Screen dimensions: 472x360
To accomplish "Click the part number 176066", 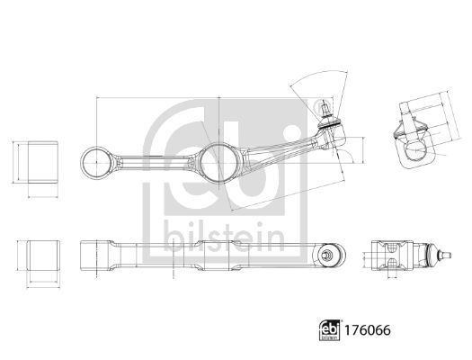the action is coord(368,330).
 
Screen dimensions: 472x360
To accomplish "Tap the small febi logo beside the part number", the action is coord(330,330).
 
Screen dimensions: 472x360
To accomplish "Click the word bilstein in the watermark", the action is coord(224,237).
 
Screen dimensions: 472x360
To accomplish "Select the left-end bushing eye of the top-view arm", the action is coord(96,162).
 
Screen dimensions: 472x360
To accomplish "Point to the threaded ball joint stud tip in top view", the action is coord(325,106).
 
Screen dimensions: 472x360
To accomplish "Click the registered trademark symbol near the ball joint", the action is coord(319,107).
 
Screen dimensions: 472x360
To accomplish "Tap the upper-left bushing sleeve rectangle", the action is coord(43,162).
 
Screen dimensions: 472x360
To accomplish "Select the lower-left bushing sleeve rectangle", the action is coord(43,256).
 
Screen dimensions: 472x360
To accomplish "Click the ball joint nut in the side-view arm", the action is coord(325,256).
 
